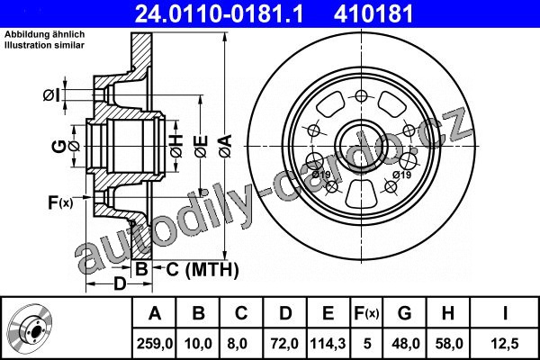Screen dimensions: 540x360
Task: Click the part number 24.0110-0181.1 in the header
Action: point(220,14)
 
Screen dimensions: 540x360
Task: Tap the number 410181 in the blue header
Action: point(373,14)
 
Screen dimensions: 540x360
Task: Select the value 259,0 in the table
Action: point(155,344)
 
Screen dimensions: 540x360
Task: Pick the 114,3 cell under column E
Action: point(328,344)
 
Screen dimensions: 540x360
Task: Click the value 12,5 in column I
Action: point(505,344)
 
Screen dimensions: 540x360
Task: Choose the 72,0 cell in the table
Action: point(284,344)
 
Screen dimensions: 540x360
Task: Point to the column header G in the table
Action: point(404,313)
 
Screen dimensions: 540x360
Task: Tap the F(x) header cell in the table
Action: point(366,313)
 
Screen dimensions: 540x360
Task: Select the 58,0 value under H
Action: point(448,344)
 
